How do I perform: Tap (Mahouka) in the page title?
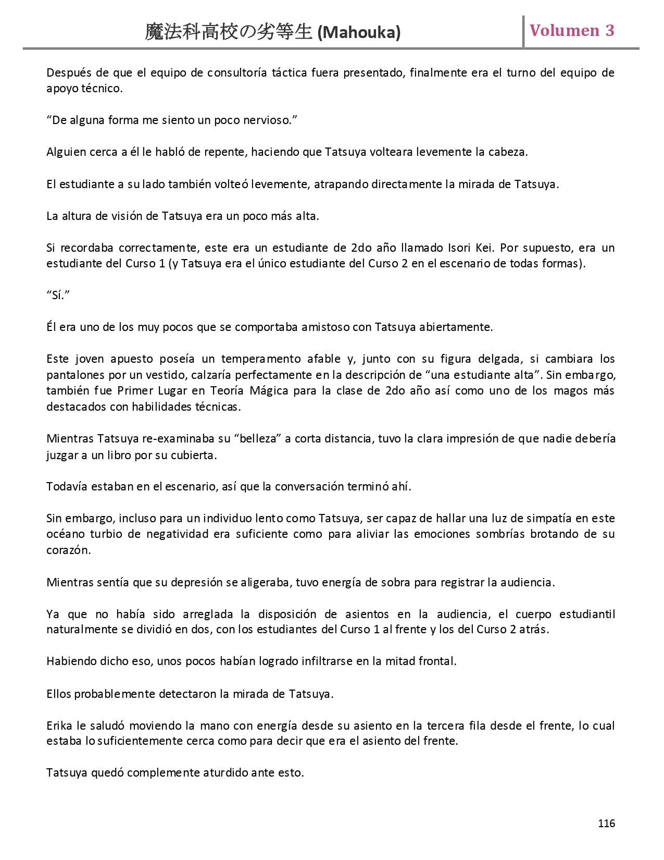point(359,33)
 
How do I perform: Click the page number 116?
point(606,824)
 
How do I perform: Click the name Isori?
point(460,248)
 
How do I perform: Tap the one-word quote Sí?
point(58,296)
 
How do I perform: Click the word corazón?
point(68,550)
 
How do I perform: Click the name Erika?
point(59,726)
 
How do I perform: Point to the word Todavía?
point(67,487)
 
